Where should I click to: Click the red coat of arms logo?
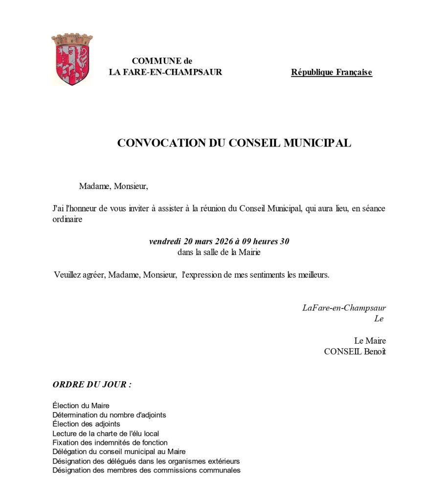(72, 60)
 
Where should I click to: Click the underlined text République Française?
(331, 73)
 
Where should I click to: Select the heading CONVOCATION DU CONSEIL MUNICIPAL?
(234, 143)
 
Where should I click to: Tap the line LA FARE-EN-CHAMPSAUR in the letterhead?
(165, 72)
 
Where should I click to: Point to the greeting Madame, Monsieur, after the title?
(113, 186)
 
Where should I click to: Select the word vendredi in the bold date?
(164, 242)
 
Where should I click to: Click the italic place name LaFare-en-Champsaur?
(344, 308)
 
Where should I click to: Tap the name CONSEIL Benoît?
(355, 352)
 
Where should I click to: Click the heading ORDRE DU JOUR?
(92, 384)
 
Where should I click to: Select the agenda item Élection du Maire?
(81, 406)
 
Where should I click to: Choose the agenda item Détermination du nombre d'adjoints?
(109, 415)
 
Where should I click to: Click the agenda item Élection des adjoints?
(86, 424)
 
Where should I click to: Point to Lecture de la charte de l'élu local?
(106, 433)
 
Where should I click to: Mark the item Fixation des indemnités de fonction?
(110, 442)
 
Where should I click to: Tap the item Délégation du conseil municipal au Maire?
(119, 452)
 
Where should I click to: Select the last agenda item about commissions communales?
(146, 470)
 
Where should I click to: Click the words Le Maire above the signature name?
(370, 341)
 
